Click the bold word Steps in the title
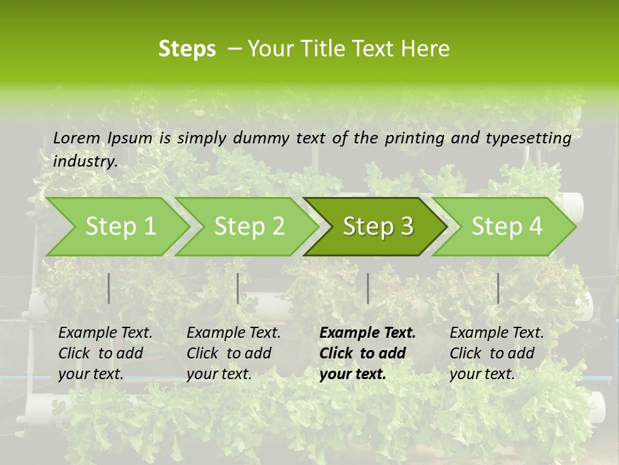[187, 49]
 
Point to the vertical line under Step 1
[109, 288]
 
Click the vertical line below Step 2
[238, 288]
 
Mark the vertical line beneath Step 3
[368, 288]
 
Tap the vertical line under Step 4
[498, 288]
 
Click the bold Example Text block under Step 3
[368, 353]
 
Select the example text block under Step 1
[105, 353]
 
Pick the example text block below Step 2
[233, 353]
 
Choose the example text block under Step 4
[496, 353]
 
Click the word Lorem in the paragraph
[77, 138]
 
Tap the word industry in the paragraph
[85, 161]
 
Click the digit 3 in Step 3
[406, 227]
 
